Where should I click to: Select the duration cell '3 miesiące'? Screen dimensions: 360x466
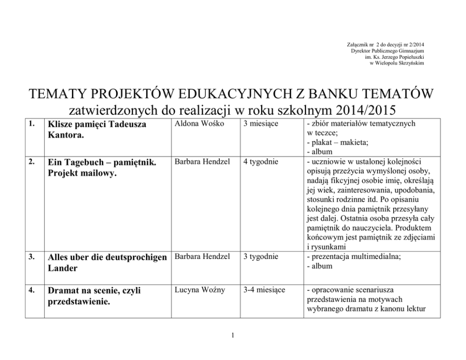261,124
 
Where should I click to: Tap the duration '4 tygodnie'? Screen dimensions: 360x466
261,162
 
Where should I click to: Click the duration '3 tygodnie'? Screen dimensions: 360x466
261,257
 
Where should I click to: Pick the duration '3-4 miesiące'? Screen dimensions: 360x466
264,290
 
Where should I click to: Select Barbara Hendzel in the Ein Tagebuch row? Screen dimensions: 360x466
202,162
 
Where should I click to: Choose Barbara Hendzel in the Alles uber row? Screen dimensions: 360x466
202,257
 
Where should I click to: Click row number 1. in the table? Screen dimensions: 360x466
31,125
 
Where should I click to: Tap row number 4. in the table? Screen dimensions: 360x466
31,290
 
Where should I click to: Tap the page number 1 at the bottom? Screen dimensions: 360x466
233,335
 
